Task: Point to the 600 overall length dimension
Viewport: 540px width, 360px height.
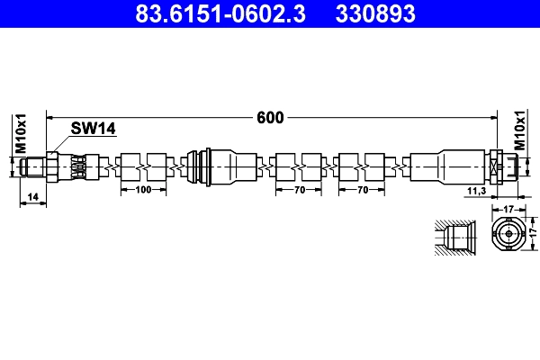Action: pyautogui.click(x=270, y=117)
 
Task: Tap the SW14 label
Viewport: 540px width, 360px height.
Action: pyautogui.click(x=94, y=130)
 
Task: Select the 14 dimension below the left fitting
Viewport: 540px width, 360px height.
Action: pyautogui.click(x=32, y=195)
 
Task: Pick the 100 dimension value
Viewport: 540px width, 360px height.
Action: pyautogui.click(x=143, y=191)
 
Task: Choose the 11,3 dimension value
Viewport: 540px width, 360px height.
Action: pyautogui.click(x=478, y=191)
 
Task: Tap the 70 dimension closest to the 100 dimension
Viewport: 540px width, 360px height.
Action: pyautogui.click(x=300, y=191)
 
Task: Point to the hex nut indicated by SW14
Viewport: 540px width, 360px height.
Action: pyautogui.click(x=53, y=166)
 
